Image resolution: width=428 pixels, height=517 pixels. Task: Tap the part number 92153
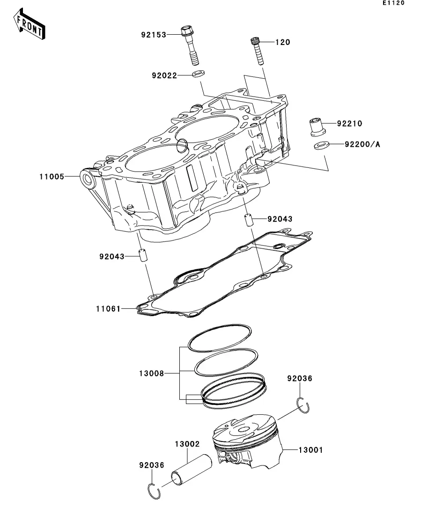pyautogui.click(x=154, y=35)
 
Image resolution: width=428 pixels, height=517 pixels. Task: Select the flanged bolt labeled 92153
pyautogui.click(x=190, y=45)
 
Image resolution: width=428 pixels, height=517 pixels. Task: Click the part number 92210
pyautogui.click(x=349, y=123)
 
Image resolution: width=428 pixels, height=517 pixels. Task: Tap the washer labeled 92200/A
pyautogui.click(x=321, y=145)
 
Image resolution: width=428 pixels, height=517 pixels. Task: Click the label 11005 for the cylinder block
pyautogui.click(x=52, y=177)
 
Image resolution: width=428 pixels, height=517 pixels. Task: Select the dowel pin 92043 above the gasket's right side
pyautogui.click(x=249, y=220)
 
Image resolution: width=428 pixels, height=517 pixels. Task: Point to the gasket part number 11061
pyautogui.click(x=108, y=309)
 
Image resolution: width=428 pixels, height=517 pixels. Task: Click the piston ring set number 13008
pyautogui.click(x=152, y=373)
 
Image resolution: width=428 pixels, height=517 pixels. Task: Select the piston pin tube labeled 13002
pyautogui.click(x=192, y=470)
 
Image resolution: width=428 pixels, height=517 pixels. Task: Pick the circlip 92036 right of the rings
pyautogui.click(x=303, y=405)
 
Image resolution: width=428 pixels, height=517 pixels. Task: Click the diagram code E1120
pyautogui.click(x=393, y=3)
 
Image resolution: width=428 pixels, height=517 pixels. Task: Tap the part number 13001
pyautogui.click(x=311, y=450)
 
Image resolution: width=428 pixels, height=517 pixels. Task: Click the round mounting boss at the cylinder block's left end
pyautogui.click(x=89, y=179)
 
